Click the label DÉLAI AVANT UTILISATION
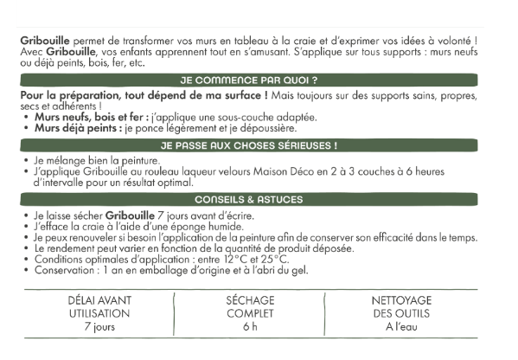[x=99, y=306]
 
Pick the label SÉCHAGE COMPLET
[x=251, y=306]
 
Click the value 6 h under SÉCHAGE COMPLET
[x=251, y=327]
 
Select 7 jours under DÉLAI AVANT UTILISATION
[x=99, y=327]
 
